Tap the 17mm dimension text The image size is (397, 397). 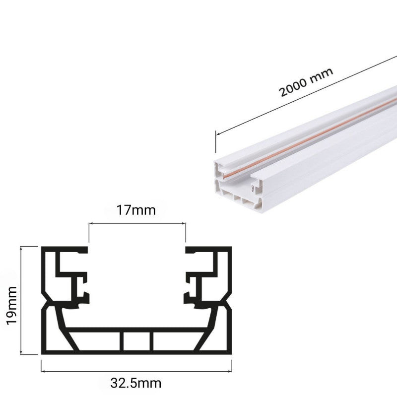click(x=136, y=210)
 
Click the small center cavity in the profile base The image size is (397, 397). click(x=137, y=343)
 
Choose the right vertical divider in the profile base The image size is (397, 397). click(x=151, y=343)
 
